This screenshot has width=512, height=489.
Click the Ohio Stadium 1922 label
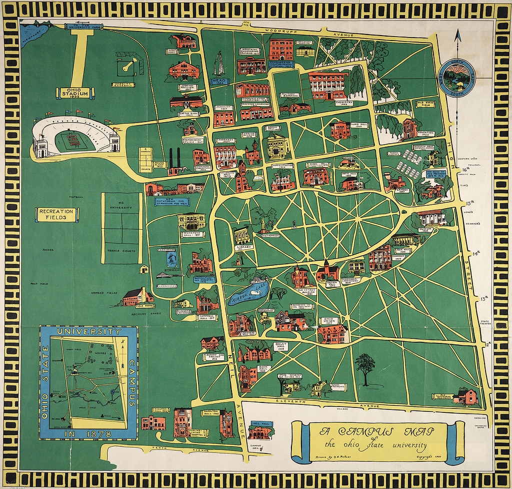tap(73, 93)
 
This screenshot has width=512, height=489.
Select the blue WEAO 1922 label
tap(219, 81)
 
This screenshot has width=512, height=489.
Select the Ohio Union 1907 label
tap(328, 320)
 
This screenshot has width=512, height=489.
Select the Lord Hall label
tap(359, 126)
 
